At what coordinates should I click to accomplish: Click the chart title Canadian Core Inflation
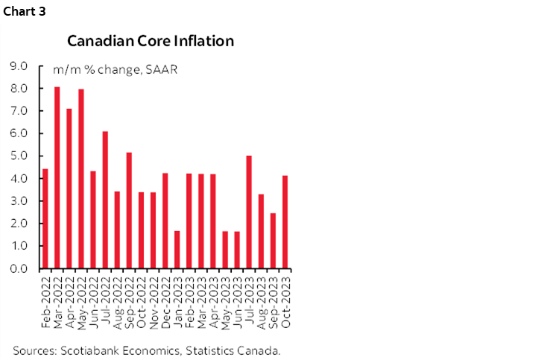150,40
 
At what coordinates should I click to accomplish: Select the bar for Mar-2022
57,177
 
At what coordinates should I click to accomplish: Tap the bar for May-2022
81,179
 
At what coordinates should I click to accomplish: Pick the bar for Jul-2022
105,200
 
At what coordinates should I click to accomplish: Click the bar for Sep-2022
129,210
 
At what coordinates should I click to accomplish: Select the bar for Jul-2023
249,212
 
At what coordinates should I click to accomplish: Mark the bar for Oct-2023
285,221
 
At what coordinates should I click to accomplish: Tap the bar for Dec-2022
165,221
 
